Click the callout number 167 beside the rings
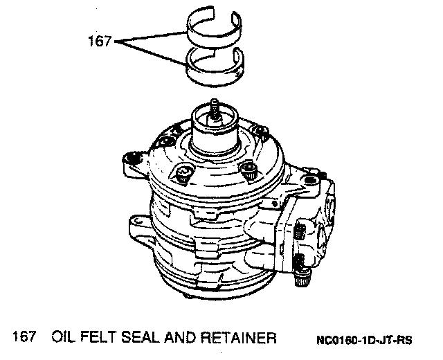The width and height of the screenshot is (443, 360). coord(100,42)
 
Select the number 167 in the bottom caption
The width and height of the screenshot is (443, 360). coord(24,336)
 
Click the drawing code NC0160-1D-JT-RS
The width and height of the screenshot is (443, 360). coord(364,340)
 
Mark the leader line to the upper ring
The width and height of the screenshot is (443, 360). coord(151,37)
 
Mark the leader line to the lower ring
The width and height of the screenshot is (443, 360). coord(151,53)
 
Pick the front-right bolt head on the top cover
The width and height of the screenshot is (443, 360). coord(248,170)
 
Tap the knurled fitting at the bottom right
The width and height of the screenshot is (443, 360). coord(302,278)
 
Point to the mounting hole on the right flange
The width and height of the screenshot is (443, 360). coord(311,180)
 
